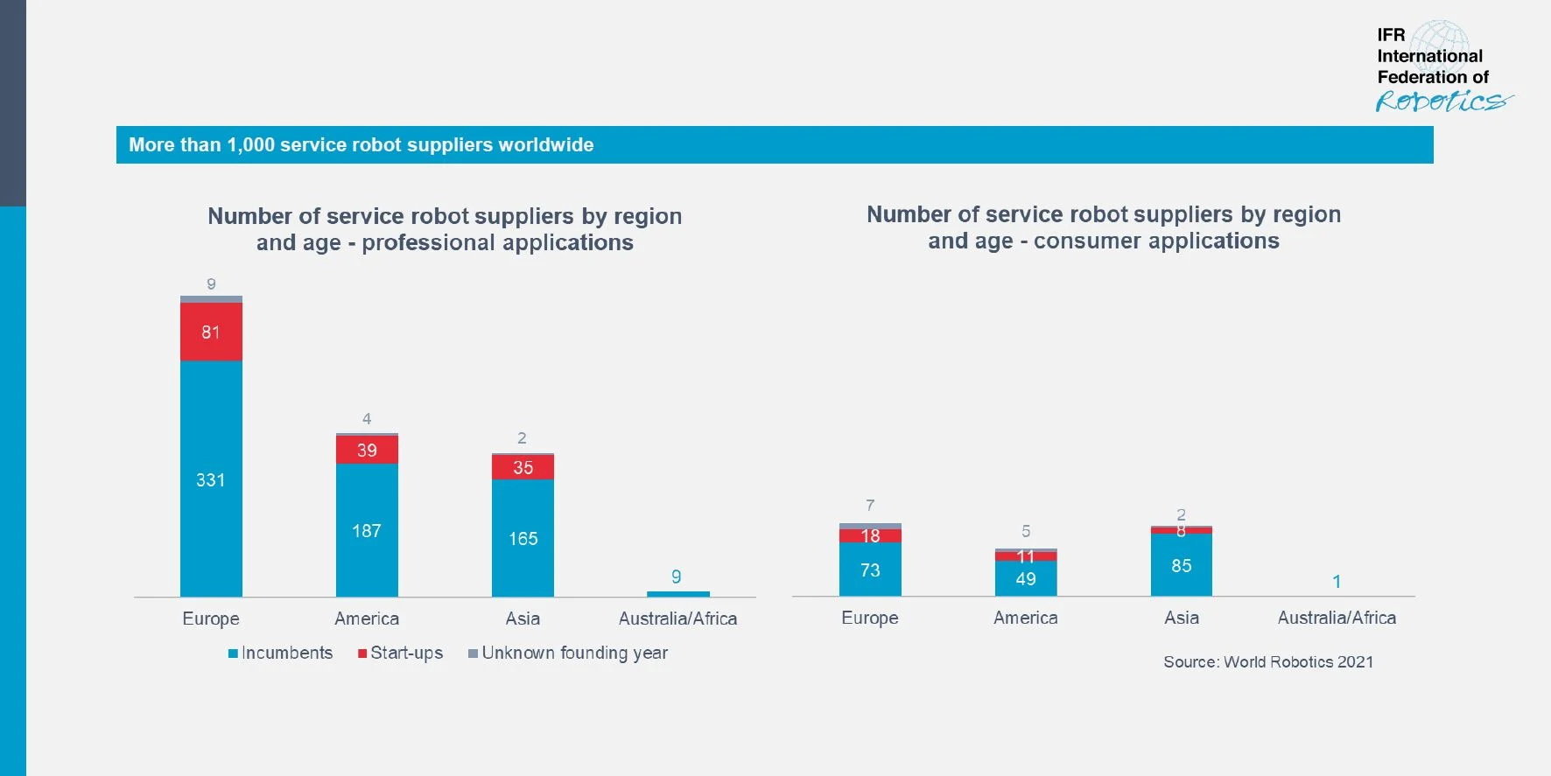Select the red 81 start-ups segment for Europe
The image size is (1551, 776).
[x=211, y=332]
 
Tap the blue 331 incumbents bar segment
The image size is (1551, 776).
[x=211, y=479]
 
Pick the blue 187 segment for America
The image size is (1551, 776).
[x=367, y=530]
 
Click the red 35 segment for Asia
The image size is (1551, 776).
[x=523, y=467]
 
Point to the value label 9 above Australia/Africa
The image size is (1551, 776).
[x=677, y=577]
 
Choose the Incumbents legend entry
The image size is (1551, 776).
[x=281, y=654]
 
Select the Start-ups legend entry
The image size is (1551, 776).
[x=401, y=654]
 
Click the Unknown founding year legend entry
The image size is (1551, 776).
[x=568, y=654]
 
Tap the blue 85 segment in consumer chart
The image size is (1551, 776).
[x=1182, y=565]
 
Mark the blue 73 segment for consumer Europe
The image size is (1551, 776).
[x=870, y=570]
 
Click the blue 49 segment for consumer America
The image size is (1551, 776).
[x=1026, y=578]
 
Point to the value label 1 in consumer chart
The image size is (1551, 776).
[x=1337, y=582]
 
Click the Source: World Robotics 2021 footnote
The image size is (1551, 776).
[x=1268, y=662]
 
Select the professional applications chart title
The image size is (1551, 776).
[x=445, y=229]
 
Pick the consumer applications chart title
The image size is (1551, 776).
[x=1104, y=227]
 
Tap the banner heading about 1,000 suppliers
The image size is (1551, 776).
[x=361, y=145]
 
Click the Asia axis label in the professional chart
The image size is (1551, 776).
[x=523, y=619]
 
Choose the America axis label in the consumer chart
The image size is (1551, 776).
[x=1026, y=618]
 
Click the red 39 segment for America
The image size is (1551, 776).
[x=367, y=450]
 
